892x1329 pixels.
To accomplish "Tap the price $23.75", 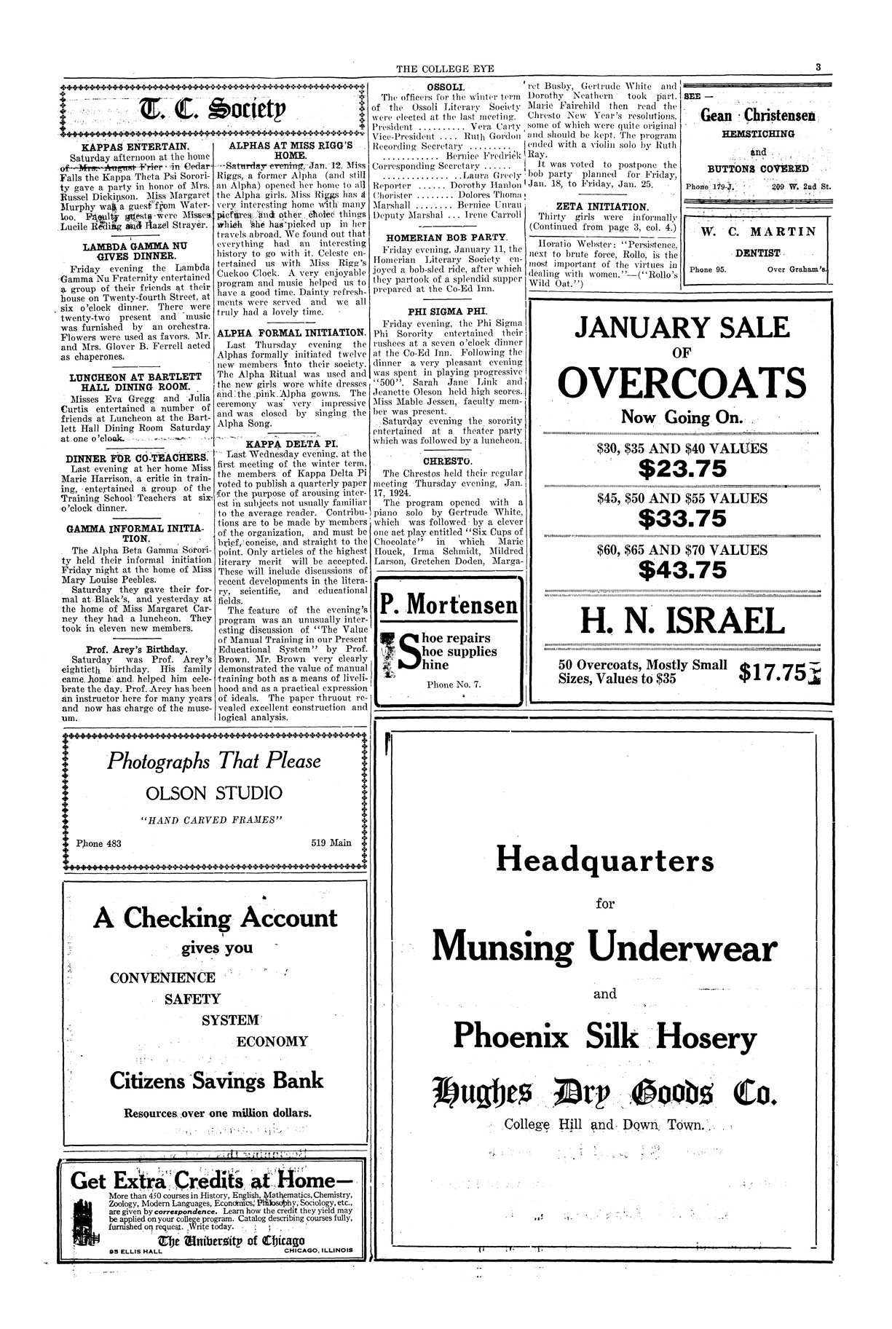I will [x=682, y=469].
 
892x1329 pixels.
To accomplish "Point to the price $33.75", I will [x=682, y=518].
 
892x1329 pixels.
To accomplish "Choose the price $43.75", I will [x=682, y=569].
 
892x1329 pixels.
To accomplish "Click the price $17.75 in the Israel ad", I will [x=773, y=672].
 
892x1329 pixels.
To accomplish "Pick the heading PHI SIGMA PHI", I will [x=446, y=310].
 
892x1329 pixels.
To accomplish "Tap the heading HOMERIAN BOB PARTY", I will [x=446, y=238].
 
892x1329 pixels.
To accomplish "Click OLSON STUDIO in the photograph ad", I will [x=214, y=792].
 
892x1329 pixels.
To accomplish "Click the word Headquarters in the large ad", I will [x=604, y=861].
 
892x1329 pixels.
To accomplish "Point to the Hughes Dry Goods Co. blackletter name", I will [x=604, y=1094].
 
